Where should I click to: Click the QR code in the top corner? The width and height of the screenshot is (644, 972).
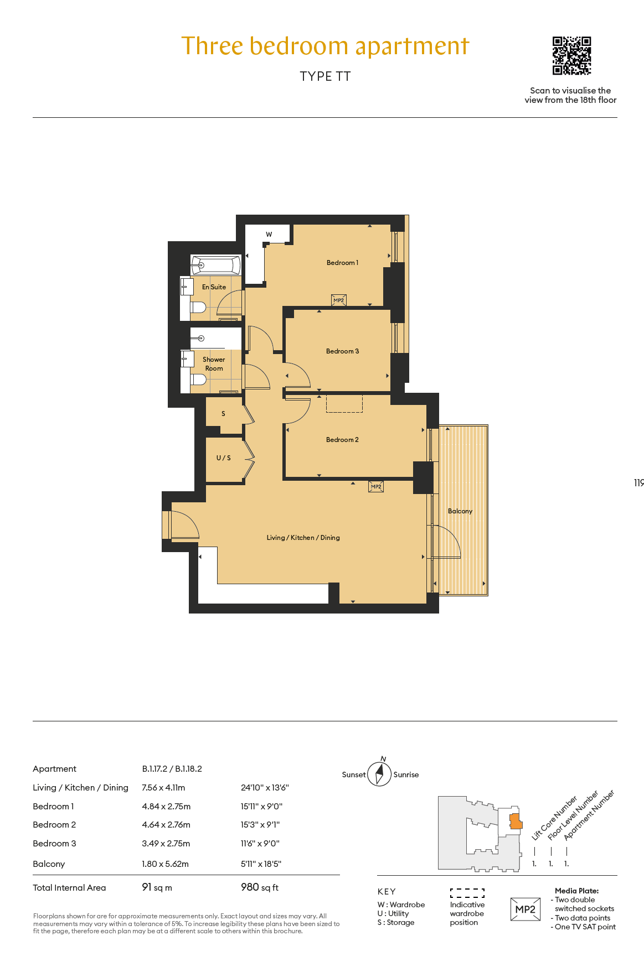(571, 56)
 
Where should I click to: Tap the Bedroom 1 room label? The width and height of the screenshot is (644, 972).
(342, 263)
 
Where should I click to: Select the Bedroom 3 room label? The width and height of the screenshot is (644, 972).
(342, 351)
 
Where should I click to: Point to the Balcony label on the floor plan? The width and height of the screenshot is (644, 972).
(460, 511)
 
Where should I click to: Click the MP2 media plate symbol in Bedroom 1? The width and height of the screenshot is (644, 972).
(339, 300)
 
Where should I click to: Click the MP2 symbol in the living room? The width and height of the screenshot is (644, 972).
(376, 486)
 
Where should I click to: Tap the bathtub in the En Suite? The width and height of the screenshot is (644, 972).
(216, 265)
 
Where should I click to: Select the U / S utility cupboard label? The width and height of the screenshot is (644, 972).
(224, 458)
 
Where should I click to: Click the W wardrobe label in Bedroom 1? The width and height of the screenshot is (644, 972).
(269, 235)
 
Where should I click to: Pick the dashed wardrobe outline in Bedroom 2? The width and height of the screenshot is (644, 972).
(344, 403)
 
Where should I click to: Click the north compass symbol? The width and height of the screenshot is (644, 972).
(380, 774)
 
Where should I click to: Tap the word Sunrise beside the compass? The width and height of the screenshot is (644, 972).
(406, 775)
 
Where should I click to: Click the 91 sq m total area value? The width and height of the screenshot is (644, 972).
(157, 887)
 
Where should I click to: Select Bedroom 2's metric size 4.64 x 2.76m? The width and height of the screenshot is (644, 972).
(166, 825)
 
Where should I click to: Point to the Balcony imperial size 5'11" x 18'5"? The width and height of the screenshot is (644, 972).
(261, 864)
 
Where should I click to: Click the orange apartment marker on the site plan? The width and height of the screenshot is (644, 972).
(516, 822)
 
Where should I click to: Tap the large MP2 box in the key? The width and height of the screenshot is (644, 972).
(525, 909)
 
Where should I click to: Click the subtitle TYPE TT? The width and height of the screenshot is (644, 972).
(326, 76)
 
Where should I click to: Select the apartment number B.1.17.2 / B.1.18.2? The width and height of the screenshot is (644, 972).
(172, 769)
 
